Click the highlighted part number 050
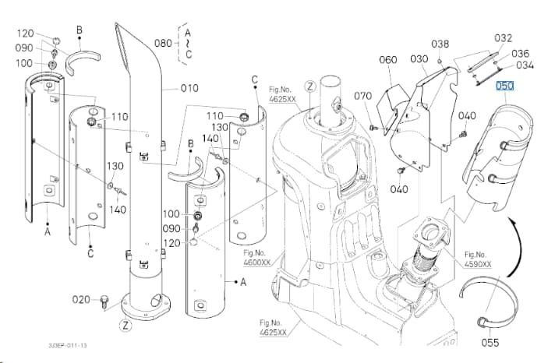[505, 86]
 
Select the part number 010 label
[189, 88]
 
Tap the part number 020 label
[81, 300]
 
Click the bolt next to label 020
[104, 301]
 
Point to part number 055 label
[490, 343]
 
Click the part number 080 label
[163, 43]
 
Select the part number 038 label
[440, 44]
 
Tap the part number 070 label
[363, 96]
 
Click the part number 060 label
[388, 59]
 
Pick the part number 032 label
[504, 38]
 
